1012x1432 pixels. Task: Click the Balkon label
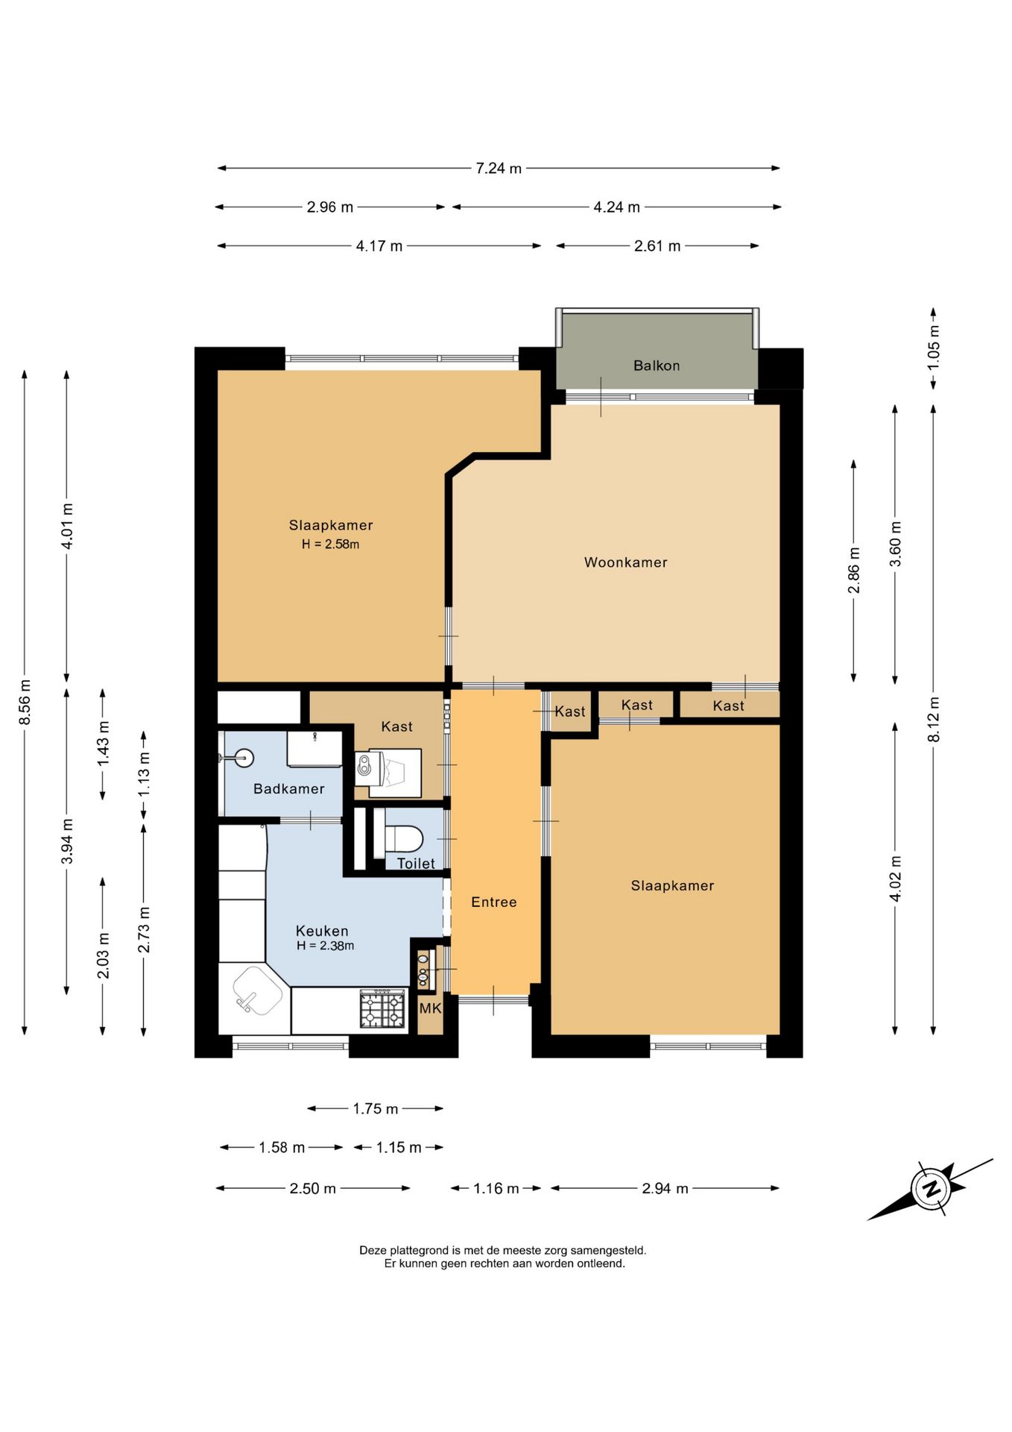[657, 365]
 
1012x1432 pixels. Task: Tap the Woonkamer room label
[626, 562]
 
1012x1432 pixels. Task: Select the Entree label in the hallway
[494, 902]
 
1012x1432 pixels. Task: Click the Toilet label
[416, 863]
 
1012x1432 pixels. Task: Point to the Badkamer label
[289, 788]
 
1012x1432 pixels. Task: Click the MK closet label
[430, 1008]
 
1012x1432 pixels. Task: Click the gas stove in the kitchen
[382, 1008]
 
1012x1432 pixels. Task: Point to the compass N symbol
[930, 1189]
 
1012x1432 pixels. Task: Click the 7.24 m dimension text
[499, 169]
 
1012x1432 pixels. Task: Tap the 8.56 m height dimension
[25, 702]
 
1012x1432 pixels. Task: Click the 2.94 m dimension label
[665, 1188]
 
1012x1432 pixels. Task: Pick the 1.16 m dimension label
[496, 1188]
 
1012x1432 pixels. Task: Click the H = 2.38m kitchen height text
[326, 946]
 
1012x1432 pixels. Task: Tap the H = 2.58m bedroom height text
[331, 544]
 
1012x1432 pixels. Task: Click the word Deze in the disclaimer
[373, 1250]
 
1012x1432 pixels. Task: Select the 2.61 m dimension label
[657, 246]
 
